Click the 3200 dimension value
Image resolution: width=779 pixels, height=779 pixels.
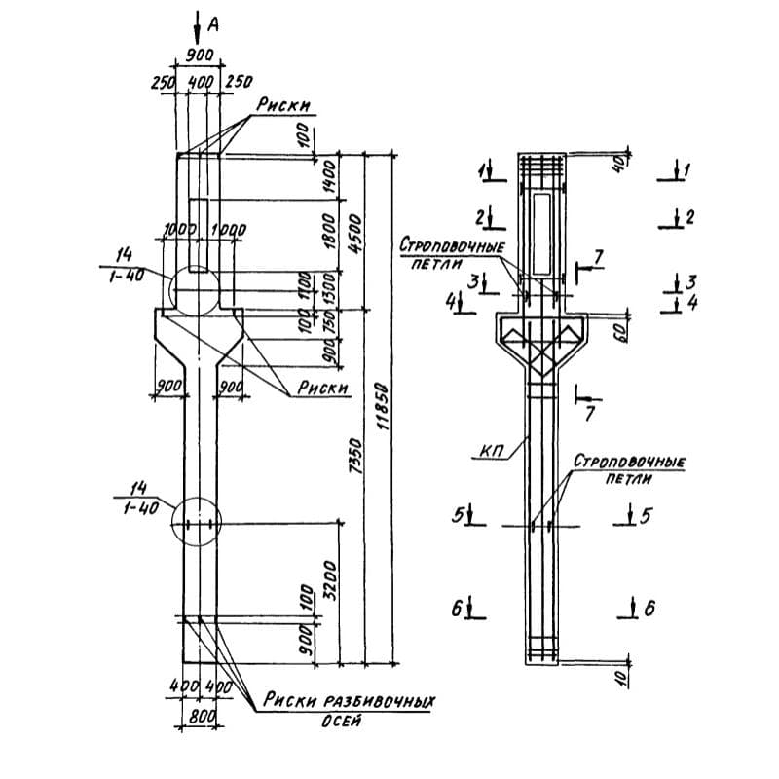333,578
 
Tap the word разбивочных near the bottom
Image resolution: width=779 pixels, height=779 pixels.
379,700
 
